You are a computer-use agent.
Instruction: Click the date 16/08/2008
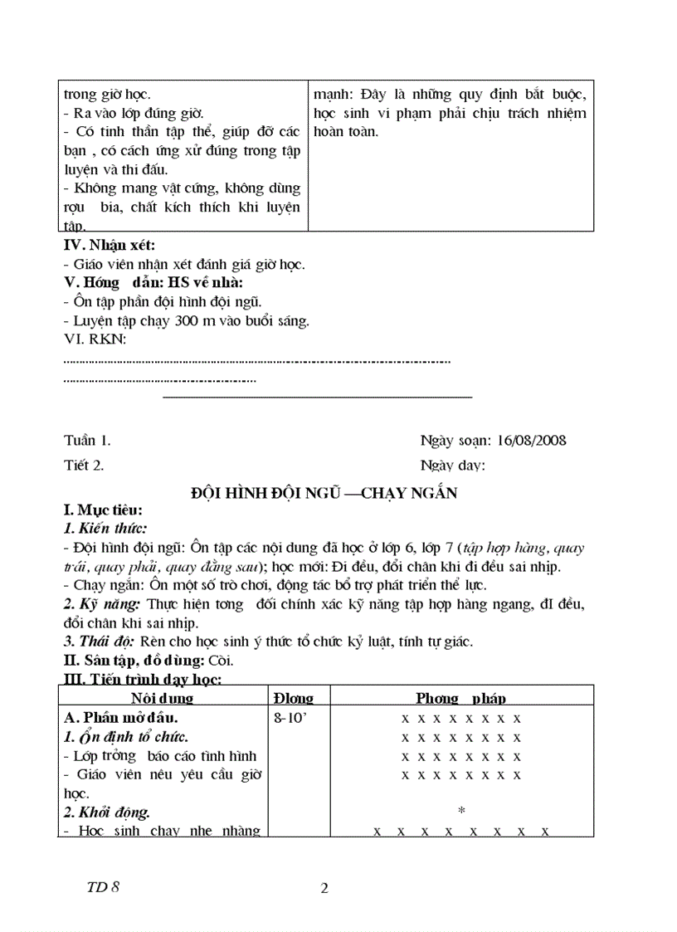(532, 440)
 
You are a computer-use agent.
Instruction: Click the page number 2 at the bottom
(324, 888)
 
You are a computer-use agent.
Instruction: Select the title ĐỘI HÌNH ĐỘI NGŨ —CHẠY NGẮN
(324, 493)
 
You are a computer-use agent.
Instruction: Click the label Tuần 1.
(86, 440)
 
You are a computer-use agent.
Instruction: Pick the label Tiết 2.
(84, 465)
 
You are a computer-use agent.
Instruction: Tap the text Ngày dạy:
(453, 465)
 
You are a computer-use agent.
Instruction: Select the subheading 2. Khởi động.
(107, 812)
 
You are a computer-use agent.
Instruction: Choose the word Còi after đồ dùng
(222, 661)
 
